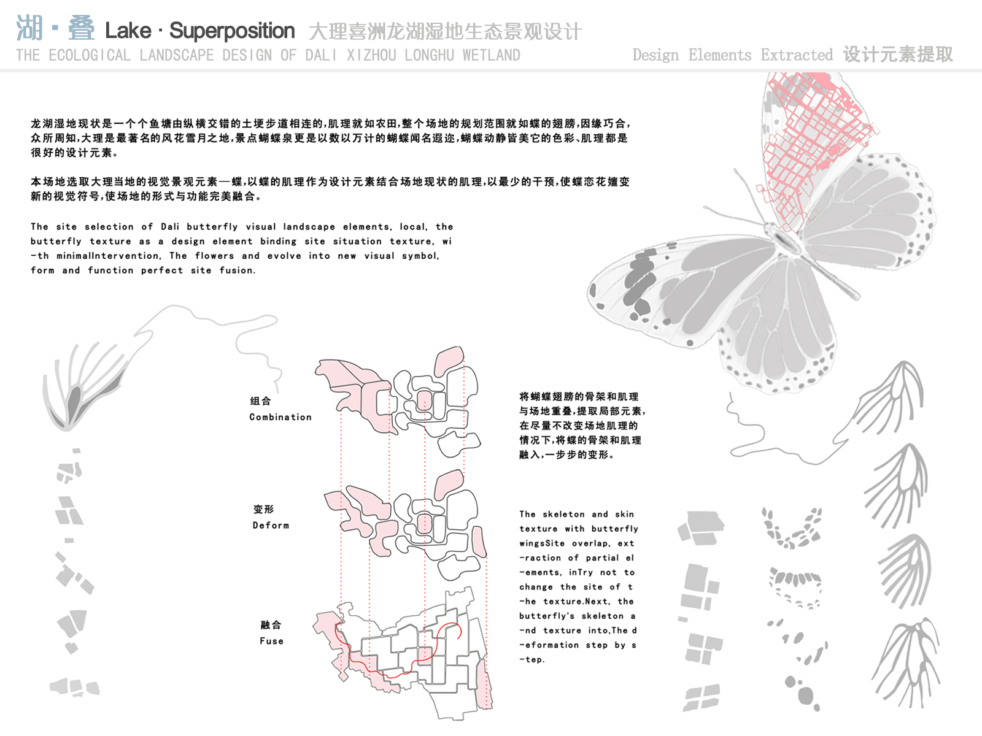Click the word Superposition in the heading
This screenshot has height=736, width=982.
(232, 31)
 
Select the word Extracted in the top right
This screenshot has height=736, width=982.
(797, 55)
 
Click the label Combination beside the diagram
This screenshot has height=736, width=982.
(280, 417)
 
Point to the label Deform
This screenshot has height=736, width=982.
(271, 525)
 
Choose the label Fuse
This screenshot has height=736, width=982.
(271, 641)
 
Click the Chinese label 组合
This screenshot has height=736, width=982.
(261, 401)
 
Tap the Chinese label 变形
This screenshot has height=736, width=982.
(263, 509)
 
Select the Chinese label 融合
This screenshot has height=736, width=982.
(271, 625)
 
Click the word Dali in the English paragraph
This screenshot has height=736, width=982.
(170, 226)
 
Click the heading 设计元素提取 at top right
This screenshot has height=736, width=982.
(898, 55)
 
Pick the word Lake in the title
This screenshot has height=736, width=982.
(128, 31)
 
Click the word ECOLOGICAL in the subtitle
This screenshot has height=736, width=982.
(90, 55)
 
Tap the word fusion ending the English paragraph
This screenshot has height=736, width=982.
(237, 270)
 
